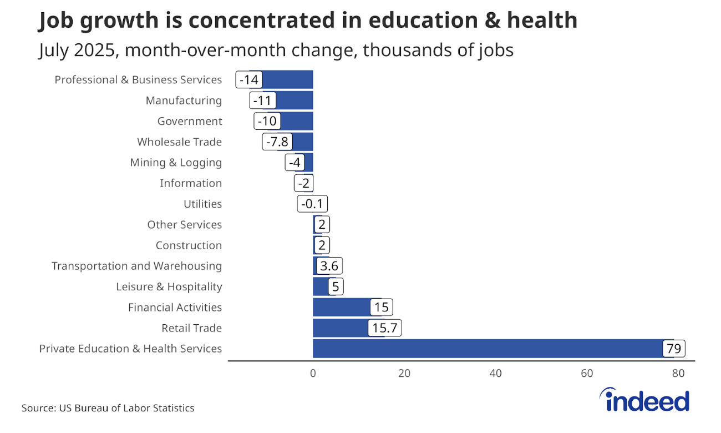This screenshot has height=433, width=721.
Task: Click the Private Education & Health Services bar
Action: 488,349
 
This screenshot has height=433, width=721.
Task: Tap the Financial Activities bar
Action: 341,308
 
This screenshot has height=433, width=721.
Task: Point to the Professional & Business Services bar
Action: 288,80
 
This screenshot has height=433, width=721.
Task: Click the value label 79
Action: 674,349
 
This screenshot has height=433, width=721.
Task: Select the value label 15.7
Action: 384,328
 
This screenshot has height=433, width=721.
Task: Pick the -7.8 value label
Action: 277,142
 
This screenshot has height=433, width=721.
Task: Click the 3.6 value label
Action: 329,266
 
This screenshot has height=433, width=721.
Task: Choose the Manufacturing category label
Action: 184,100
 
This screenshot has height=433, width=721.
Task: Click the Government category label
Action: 190,121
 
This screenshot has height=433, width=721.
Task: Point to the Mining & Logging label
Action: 176,163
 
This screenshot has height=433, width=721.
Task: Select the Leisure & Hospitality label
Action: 169,287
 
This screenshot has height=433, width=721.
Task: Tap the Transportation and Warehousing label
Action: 136,266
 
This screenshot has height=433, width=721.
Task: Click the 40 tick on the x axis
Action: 495,374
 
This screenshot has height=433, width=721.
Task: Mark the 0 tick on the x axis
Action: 313,374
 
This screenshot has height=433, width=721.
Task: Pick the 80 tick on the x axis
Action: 678,374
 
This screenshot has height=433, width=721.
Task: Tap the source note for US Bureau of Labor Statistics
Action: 108,408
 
